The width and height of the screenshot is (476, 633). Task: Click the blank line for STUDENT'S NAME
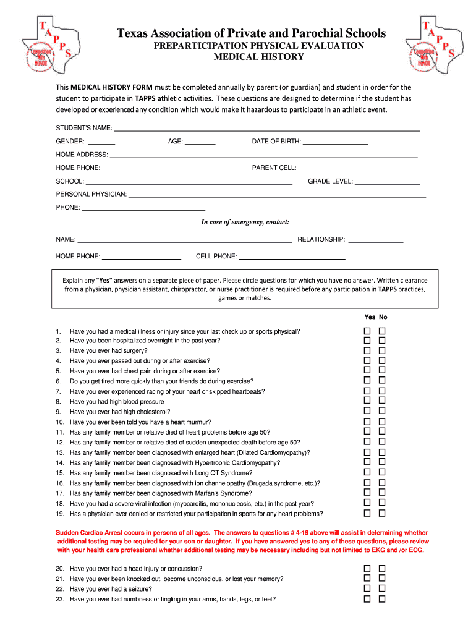[267, 129]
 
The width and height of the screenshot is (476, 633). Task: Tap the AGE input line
[200, 142]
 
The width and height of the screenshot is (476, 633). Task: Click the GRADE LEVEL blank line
[388, 182]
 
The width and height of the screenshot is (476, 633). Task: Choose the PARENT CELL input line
[359, 169]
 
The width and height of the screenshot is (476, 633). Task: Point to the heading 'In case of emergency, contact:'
[245, 222]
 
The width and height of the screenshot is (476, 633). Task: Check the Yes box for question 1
[367, 331]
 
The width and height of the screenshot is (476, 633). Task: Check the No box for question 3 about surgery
[382, 350]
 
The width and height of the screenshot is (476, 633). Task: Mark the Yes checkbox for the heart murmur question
[367, 422]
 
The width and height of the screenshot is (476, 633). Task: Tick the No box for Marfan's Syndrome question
[382, 493]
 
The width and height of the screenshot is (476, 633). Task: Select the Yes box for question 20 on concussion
[367, 568]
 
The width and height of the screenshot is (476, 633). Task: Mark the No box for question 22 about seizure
[382, 588]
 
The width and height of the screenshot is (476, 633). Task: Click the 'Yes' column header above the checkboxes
[369, 317]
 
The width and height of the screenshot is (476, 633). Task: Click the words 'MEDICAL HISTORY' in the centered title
[258, 57]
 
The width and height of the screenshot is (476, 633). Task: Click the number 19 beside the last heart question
[60, 514]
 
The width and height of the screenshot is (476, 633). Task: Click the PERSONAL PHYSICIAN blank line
[276, 195]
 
